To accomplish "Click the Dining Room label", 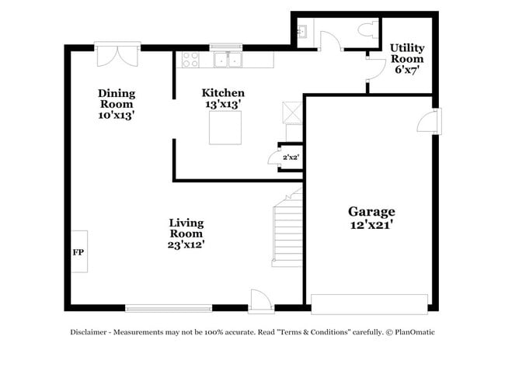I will pos(116,98).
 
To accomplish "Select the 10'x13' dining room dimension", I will pos(116,115).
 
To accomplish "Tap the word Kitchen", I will pos(223,92).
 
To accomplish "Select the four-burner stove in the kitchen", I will pos(190,60).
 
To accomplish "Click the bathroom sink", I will pos(301,31).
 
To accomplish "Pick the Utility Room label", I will pos(406,53).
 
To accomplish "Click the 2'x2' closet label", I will pos(291,158).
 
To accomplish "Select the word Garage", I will pos(371,211).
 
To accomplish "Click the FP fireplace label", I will pos(78,252).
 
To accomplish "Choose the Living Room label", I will pos(186,228).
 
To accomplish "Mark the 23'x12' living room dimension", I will pos(186,244).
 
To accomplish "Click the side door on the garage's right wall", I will pos(429,121).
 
